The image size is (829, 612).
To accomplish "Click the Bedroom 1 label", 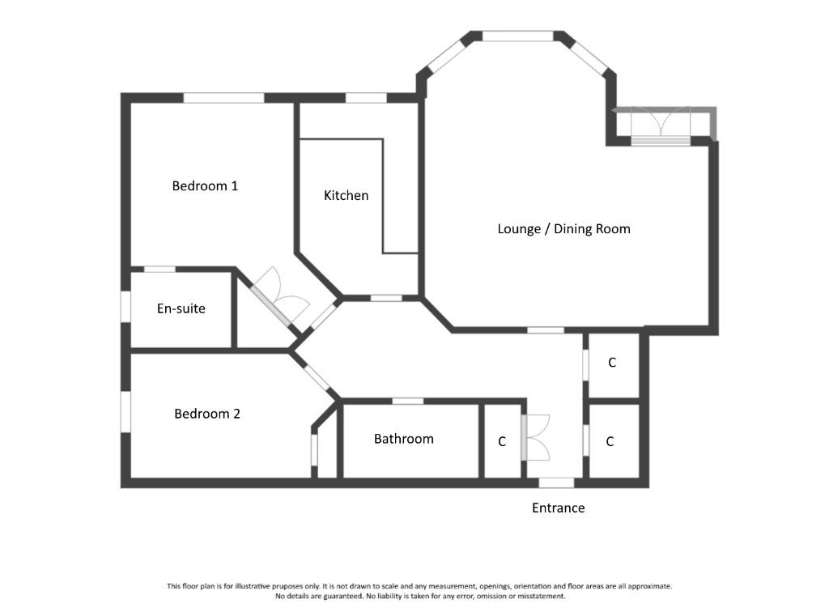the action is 205,186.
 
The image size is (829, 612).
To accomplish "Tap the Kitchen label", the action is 346,196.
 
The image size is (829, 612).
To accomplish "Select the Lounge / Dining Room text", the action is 563,229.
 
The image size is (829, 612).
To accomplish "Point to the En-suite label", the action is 181,308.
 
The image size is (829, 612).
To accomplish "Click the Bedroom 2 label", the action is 206,414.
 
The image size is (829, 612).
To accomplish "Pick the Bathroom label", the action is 403,439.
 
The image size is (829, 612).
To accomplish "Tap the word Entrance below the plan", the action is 559,508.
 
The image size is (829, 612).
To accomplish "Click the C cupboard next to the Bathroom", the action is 502,441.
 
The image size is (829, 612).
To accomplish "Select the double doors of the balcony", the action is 661,125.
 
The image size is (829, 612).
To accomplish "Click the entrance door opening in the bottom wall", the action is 556,482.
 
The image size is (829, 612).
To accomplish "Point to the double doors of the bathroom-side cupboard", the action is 536,438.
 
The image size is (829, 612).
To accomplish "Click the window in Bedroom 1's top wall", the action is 223,98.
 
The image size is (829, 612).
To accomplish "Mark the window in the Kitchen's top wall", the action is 367,98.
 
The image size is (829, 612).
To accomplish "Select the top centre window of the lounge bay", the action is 518,36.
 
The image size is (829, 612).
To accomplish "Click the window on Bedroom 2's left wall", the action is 125,412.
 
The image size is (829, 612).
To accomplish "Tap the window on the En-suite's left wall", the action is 125,307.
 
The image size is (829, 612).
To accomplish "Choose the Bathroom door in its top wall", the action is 408,402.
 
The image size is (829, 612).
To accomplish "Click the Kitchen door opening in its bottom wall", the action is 386,299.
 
